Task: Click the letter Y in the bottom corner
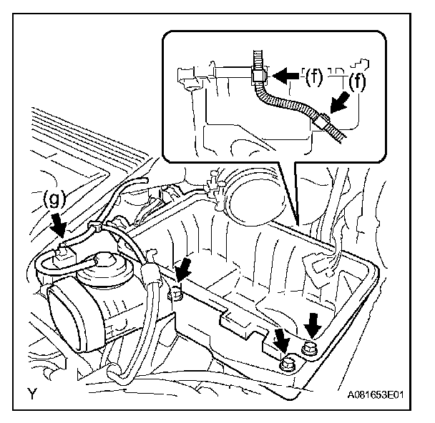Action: (x=33, y=392)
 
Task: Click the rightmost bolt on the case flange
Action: (x=311, y=349)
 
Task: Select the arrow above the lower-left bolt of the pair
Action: (x=282, y=338)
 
